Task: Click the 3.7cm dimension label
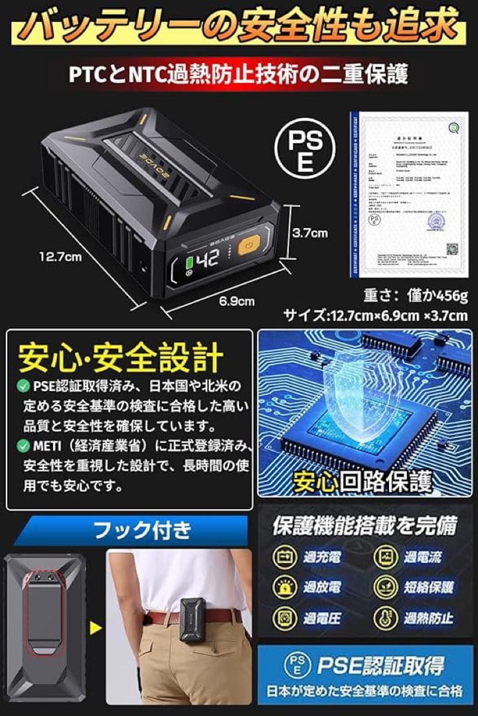point(311,233)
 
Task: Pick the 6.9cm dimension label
point(237,302)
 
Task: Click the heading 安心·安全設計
point(120,359)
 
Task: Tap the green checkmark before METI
point(23,444)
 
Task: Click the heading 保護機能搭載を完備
point(364,526)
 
